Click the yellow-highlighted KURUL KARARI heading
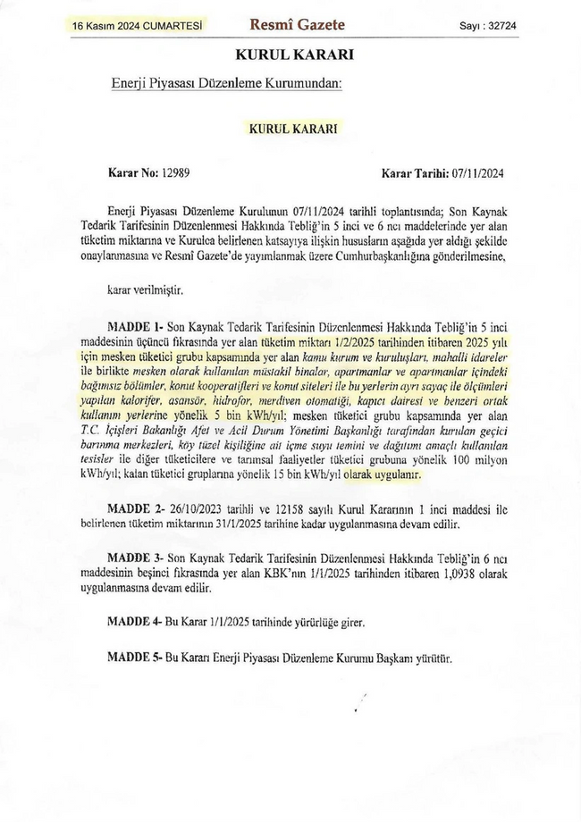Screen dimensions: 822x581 293,129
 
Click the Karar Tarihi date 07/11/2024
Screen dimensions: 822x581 479,173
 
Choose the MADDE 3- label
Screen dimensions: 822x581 133,558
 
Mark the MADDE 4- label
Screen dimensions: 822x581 133,620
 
